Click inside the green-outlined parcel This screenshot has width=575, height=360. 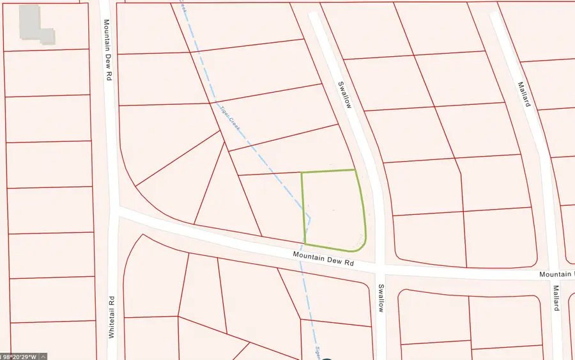coord(332,208)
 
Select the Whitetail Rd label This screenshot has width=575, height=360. coord(111,317)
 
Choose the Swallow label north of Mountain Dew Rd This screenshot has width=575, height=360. coord(344,94)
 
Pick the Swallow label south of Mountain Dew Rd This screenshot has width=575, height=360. coord(381,298)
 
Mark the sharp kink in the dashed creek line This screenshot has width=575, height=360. coord(309,218)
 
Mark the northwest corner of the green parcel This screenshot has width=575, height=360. coord(302,173)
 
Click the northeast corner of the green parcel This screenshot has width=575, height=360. coord(355,170)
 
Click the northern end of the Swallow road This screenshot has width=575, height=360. coord(314,15)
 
